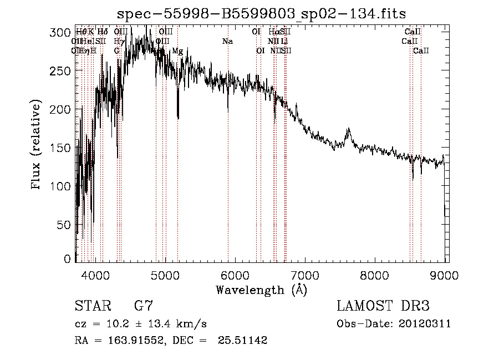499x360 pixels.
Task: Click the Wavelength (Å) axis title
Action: click(261, 290)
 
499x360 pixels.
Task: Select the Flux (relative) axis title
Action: click(37, 145)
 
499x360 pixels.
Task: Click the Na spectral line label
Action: click(227, 42)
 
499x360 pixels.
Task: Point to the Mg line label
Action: click(177, 51)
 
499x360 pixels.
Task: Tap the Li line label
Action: click(284, 42)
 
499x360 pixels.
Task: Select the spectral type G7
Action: click(143, 306)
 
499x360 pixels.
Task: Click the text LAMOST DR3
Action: click(383, 306)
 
